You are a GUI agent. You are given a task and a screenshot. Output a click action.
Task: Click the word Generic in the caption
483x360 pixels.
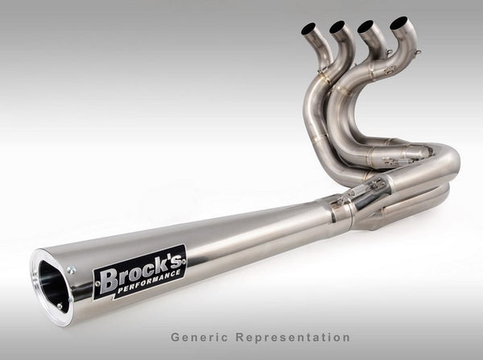coord(195,337)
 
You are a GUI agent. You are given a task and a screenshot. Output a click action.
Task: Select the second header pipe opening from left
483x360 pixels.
coord(337,26)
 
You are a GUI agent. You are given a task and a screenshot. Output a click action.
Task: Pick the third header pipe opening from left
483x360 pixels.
coord(366,25)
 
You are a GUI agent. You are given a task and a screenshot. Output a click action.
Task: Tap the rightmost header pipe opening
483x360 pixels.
coord(397,23)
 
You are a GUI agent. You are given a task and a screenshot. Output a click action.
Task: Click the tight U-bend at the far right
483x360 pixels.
coord(450,165)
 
